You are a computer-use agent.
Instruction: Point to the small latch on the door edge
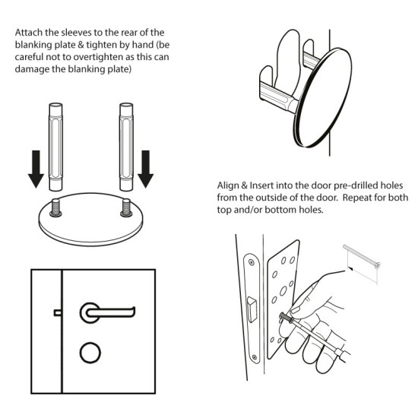coord(57,312)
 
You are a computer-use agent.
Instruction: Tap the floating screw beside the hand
coord(361,261)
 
